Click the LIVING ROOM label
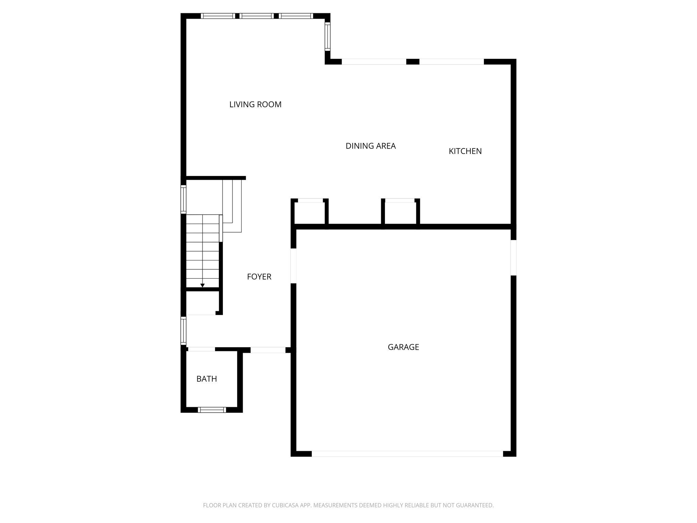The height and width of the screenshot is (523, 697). [255, 105]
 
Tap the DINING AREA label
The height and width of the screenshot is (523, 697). [371, 146]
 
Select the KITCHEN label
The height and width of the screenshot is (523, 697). [465, 151]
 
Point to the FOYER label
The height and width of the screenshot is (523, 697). [259, 277]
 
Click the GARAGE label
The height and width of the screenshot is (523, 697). [403, 347]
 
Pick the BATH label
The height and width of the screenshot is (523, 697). [207, 379]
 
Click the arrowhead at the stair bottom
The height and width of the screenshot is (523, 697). [202, 285]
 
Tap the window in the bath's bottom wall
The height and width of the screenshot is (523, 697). [212, 410]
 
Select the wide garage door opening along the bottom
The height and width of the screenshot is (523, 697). [407, 454]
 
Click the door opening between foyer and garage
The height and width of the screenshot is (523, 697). [293, 266]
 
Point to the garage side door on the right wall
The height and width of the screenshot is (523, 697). [513, 257]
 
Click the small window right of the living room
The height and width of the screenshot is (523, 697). [327, 36]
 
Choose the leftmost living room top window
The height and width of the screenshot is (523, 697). [217, 16]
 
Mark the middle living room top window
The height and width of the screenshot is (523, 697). [257, 16]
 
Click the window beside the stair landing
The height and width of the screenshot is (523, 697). [183, 200]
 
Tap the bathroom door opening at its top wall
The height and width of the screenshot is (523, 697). [201, 349]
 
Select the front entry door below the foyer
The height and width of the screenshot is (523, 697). [268, 350]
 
